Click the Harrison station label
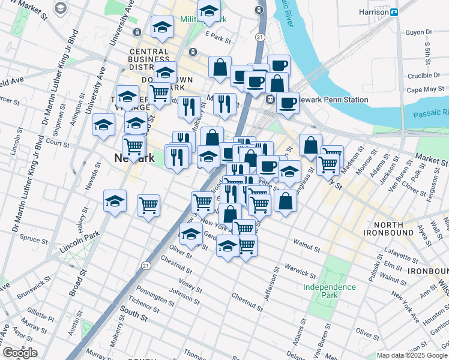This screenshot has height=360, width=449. pos(370,12)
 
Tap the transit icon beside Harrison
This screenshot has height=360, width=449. pos(394,12)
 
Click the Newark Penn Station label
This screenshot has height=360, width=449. pos(334,99)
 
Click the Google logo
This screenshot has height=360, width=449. pos(20,353)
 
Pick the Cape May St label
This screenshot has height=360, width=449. pos(424,90)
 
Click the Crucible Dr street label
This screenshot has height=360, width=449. pos(424,76)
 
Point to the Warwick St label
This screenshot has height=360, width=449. pos(300,271)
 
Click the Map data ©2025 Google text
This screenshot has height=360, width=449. pos(411,355)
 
